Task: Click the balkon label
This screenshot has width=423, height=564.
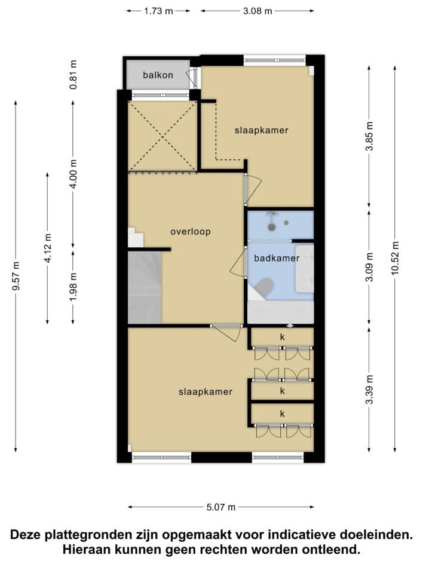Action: tap(158, 75)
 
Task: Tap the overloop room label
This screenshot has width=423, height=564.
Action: tap(190, 232)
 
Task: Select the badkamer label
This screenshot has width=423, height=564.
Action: tap(277, 258)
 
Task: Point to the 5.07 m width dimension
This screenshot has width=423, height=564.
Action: tap(221, 507)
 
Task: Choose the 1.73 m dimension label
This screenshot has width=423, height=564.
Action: tap(158, 11)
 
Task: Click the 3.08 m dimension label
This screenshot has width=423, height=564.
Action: tap(258, 11)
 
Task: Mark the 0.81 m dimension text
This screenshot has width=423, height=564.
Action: tap(73, 75)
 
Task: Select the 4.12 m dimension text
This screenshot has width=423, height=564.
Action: tap(48, 248)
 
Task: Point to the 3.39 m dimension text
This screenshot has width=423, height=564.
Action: tap(369, 390)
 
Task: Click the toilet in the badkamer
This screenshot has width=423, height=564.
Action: tap(263, 287)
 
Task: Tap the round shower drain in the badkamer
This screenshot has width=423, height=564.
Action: tap(272, 226)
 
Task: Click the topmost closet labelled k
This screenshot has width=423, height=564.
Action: tap(283, 338)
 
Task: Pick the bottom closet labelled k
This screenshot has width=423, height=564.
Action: tap(283, 414)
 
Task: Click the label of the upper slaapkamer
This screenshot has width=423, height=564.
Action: tap(262, 130)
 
